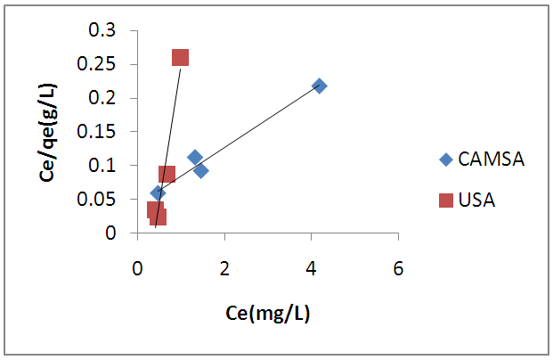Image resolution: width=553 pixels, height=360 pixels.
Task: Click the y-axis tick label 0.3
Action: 106,31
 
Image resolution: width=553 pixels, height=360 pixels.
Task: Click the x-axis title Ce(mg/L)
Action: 267,314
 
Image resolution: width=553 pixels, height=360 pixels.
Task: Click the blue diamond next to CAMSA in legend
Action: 445,160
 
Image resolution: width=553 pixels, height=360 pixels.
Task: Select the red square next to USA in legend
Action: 445,200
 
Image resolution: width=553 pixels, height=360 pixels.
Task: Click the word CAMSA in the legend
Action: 491,160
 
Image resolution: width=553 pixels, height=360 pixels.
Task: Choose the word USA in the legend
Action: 476,200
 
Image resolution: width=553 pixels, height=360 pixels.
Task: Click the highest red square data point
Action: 180,58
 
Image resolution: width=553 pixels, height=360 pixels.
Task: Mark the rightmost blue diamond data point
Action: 319,86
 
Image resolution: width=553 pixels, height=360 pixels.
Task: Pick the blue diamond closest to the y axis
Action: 158,192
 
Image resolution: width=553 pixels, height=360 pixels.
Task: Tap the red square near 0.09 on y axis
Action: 167,174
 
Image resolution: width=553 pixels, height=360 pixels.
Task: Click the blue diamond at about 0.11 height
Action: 194,158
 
